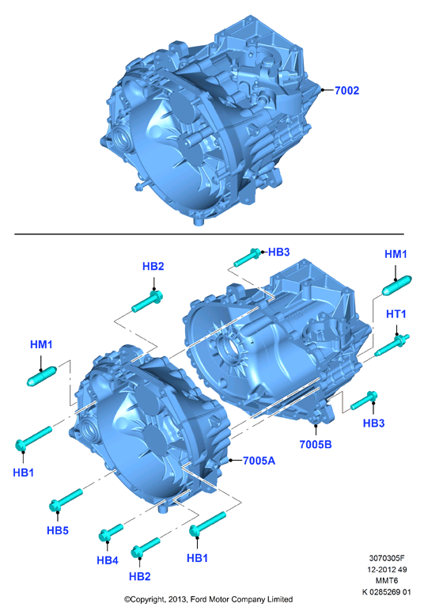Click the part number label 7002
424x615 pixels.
346,90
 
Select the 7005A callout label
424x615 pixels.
259,461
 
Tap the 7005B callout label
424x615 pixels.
316,444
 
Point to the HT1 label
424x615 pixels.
396,314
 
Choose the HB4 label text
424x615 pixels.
108,560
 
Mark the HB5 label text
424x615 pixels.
58,530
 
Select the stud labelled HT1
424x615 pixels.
392,345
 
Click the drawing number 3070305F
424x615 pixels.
386,558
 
